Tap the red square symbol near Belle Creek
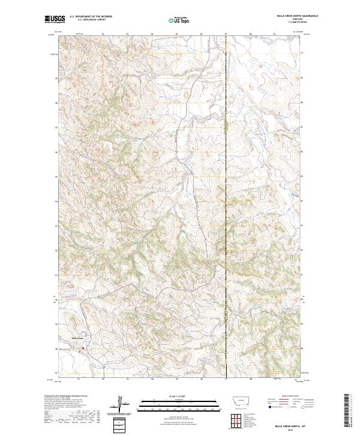[83, 348]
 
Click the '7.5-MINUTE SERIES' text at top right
[285, 23]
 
